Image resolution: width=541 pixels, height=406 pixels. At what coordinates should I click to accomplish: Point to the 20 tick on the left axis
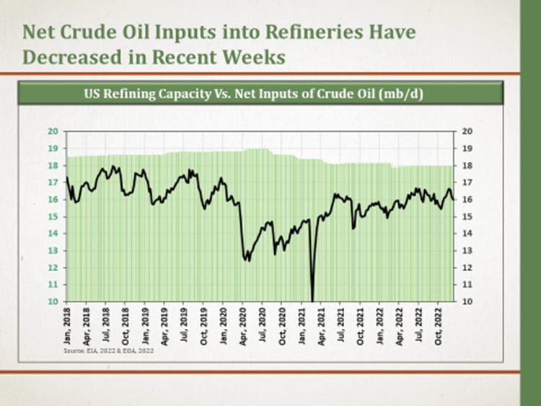pyautogui.click(x=53, y=131)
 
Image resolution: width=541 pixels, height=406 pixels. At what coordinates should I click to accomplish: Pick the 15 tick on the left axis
pyautogui.click(x=53, y=216)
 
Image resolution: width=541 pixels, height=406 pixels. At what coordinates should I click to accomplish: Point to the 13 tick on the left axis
pyautogui.click(x=53, y=250)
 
